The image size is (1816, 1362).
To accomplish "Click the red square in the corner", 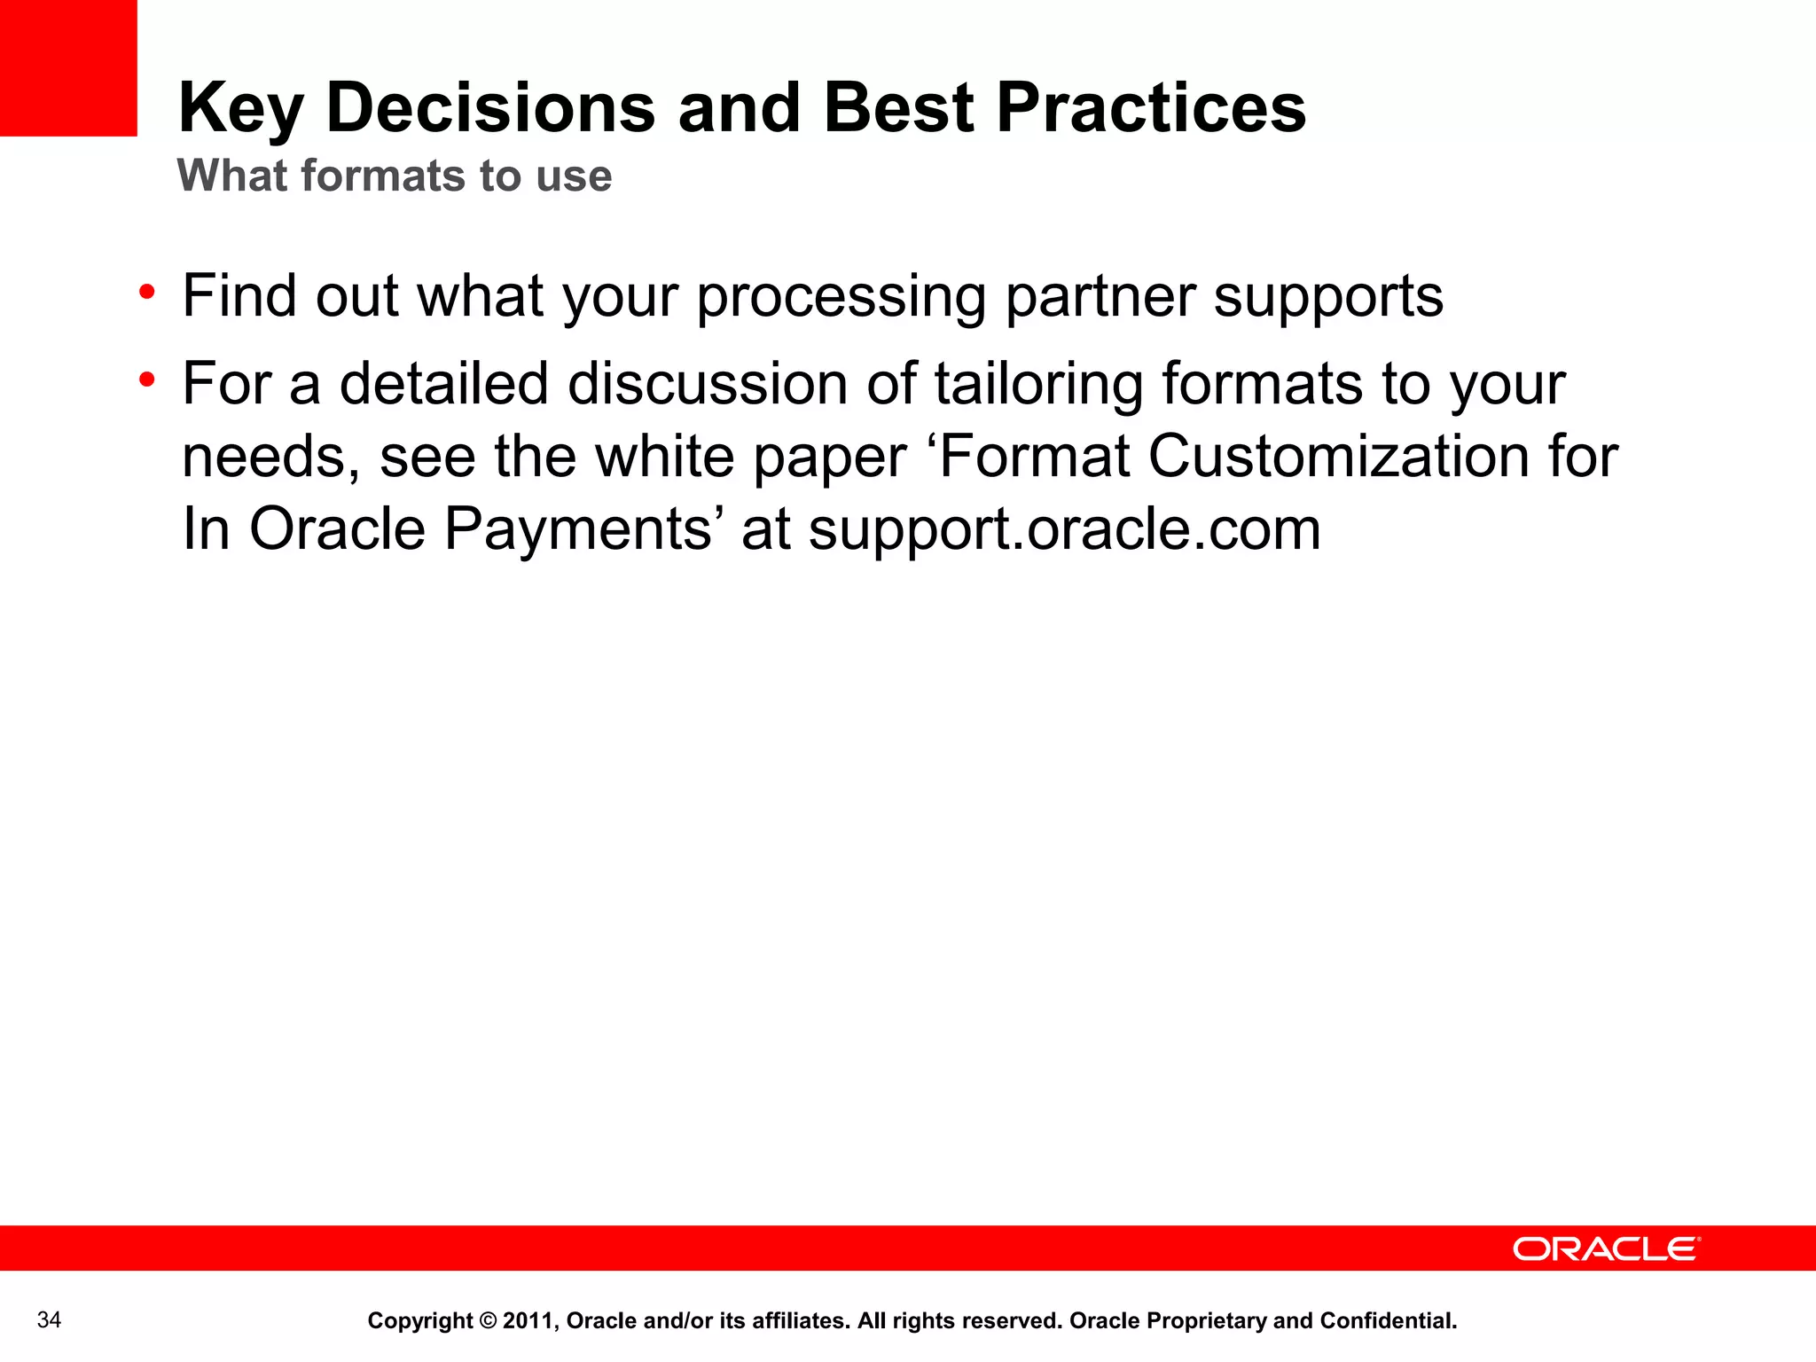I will click(x=68, y=67).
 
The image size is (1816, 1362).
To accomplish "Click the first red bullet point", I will click(x=147, y=292).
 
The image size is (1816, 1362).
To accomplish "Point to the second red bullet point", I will click(x=147, y=380).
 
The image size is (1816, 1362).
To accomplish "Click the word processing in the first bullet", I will click(x=841, y=297).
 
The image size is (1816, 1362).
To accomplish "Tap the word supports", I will click(x=1327, y=297).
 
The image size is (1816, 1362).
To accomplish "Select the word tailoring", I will click(x=1038, y=384).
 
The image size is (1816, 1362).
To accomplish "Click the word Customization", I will click(x=1339, y=457).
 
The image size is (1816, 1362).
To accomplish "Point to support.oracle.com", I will click(x=1064, y=530).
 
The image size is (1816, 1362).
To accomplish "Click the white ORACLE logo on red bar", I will click(x=1606, y=1248).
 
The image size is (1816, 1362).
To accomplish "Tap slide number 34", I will click(x=50, y=1320).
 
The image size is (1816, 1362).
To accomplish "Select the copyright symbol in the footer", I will click(x=488, y=1321).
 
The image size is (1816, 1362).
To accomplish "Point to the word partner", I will click(x=1099, y=297).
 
